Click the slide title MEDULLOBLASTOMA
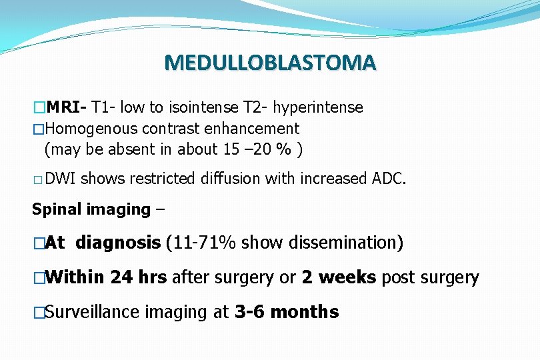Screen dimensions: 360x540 [270, 63]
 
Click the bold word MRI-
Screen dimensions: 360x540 [67, 107]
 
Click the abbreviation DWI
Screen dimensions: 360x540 [62, 179]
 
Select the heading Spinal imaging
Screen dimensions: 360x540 [91, 209]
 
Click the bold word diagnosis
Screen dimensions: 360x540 [118, 243]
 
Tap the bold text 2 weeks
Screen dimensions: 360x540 [339, 277]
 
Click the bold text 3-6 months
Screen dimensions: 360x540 [287, 311]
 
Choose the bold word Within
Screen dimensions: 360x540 [75, 277]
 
